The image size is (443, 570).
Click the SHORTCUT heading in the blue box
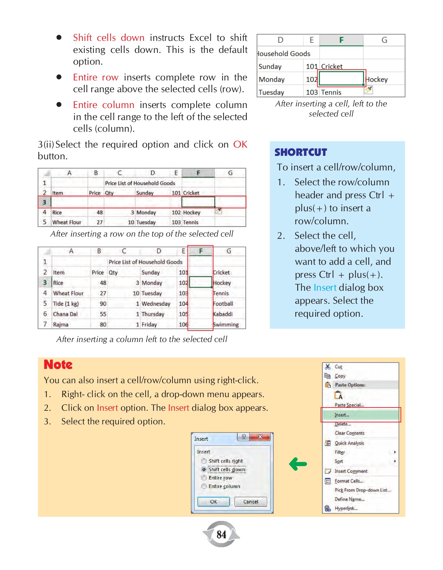pos(300,152)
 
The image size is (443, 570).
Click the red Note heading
pos(58,364)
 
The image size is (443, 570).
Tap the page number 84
pos(221,535)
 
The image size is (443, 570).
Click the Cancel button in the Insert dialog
pos(250,502)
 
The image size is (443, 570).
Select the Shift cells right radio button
pos(204,461)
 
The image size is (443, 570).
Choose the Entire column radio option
pos(204,486)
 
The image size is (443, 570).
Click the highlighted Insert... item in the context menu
pos(342,415)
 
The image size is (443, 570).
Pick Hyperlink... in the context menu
pos(346,508)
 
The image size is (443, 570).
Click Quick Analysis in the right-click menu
pos(349,443)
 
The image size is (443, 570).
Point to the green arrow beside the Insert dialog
pos(298,464)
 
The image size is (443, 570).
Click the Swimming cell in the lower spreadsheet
pos(226,325)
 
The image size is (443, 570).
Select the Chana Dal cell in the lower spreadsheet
pos(65,314)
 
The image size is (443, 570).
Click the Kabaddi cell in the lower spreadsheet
pos(223,314)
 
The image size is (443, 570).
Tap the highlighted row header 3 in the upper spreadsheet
pos(44,202)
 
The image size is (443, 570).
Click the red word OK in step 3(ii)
pos(240,144)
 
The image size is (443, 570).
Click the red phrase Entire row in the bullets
pos(96,77)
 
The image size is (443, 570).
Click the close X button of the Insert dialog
pos(260,437)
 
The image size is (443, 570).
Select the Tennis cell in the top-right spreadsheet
pos(331,92)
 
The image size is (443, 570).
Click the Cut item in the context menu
pos(338,367)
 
